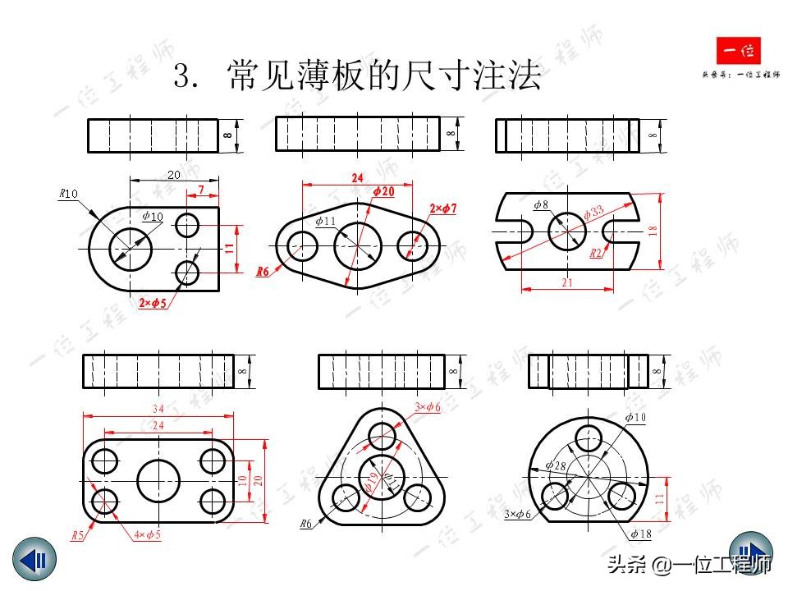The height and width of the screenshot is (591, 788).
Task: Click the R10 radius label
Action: coord(68,194)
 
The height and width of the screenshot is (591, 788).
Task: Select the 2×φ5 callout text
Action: coord(153,304)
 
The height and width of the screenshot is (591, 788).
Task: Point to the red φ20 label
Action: coord(383,191)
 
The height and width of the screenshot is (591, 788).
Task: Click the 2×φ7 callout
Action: coord(442,209)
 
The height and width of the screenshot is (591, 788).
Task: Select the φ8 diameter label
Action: coord(541,204)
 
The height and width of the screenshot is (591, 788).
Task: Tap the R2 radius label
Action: coord(598,254)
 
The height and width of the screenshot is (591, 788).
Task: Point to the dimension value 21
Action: coord(567,282)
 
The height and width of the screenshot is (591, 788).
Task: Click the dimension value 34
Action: coord(158,409)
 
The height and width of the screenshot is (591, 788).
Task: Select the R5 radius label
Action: coord(77,535)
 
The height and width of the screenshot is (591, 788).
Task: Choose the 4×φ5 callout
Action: coord(147,535)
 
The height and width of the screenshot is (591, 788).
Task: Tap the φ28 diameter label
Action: coord(556,466)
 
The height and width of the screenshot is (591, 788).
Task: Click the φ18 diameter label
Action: coord(640,534)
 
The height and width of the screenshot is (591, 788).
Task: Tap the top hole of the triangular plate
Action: coord(382,434)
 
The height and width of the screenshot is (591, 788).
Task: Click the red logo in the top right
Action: coord(739,53)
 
